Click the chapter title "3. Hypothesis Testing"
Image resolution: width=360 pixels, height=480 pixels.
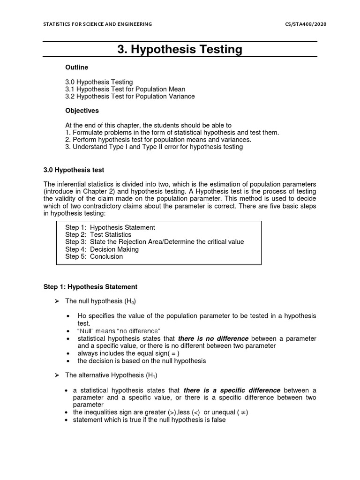coord(180,49)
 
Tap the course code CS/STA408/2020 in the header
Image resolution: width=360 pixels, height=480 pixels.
coord(305,24)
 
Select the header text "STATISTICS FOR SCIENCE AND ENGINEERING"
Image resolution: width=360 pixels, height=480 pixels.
coord(97,24)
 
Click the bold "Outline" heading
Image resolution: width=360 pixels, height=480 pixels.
coord(76,67)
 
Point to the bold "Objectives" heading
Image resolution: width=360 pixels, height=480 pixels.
coord(82,111)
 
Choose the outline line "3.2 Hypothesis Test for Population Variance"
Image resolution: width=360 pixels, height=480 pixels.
coord(130,97)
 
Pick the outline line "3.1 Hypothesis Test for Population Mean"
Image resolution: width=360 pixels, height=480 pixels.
coord(125,89)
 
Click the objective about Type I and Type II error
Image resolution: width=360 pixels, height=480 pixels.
coord(154,147)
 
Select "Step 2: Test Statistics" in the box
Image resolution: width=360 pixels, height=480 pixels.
coord(98,234)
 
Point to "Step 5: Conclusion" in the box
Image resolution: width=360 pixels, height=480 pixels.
coord(94,256)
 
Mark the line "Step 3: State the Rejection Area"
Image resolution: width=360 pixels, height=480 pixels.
coord(155,242)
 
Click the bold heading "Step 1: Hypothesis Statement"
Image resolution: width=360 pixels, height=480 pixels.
coord(90,286)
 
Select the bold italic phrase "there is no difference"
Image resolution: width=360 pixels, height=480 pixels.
coord(213,338)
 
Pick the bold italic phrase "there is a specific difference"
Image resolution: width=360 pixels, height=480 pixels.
coord(232,390)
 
